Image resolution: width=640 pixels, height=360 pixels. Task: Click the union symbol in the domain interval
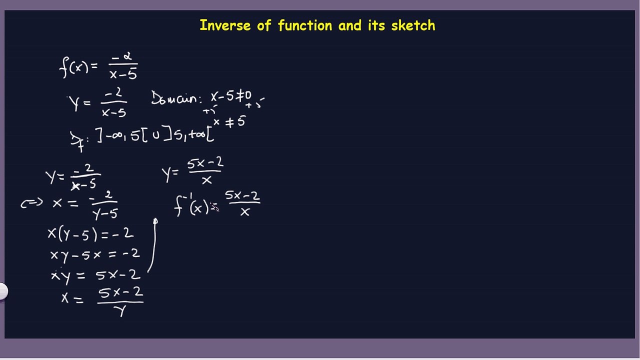pyautogui.click(x=156, y=134)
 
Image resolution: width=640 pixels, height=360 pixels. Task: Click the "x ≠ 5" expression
pyautogui.click(x=229, y=121)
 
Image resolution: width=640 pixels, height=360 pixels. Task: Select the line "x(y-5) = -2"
pyautogui.click(x=90, y=233)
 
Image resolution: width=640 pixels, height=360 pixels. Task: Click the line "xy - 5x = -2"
pyautogui.click(x=94, y=254)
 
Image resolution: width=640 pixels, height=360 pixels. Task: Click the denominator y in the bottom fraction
pyautogui.click(x=120, y=311)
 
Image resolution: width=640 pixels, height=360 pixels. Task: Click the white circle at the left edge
pyautogui.click(x=2, y=291)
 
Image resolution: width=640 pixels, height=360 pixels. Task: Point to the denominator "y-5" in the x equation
pyautogui.click(x=105, y=213)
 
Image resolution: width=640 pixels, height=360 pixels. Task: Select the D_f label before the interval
pyautogui.click(x=76, y=139)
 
